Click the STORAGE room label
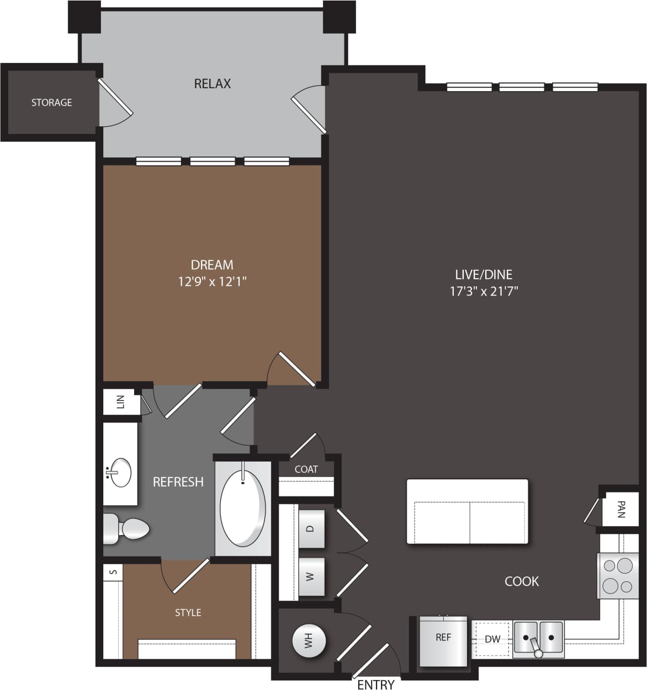51,103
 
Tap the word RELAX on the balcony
212,84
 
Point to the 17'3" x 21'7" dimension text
484,291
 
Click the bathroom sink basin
118,473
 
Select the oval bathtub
243,507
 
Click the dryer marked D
310,528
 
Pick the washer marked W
310,577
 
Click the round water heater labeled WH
308,640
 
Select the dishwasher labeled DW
492,639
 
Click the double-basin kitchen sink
538,638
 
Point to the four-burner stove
617,576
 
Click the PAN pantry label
621,509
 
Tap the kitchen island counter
467,512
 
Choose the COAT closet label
306,469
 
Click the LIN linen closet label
121,402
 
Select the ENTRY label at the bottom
375,684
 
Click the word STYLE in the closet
188,613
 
